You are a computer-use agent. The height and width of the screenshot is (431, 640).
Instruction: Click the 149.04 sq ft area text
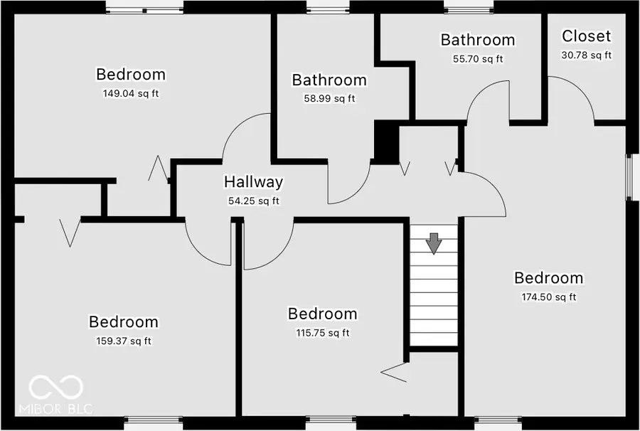tap(131, 93)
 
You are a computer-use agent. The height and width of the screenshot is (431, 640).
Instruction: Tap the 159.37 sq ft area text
tap(123, 341)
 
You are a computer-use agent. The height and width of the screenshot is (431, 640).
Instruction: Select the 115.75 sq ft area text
tap(321, 332)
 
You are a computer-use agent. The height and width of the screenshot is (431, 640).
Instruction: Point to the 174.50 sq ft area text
tap(548, 297)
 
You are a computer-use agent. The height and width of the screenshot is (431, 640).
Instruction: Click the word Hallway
tap(253, 182)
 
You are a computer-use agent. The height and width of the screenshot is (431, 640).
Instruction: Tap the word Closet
tap(586, 36)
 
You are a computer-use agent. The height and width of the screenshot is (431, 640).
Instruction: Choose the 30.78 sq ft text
tap(586, 55)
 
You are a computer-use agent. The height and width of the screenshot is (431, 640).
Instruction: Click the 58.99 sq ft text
tap(329, 99)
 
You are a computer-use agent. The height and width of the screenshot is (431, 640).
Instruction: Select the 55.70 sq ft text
tap(477, 59)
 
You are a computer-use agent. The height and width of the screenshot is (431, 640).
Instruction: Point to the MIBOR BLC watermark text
tap(55, 410)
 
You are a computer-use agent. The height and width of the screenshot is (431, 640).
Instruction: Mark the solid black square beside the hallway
tap(386, 142)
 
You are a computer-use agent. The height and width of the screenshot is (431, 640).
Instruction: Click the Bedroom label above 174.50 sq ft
tap(548, 278)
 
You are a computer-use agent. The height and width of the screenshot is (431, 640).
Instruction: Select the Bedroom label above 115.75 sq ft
tap(321, 314)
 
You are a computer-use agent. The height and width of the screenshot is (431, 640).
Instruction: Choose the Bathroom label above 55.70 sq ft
tap(477, 40)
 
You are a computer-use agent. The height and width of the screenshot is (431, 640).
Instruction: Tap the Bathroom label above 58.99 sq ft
tap(329, 80)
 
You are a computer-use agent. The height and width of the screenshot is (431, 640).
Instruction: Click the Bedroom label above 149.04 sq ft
tap(131, 74)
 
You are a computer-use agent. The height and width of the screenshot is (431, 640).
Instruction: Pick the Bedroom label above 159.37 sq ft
tap(123, 322)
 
